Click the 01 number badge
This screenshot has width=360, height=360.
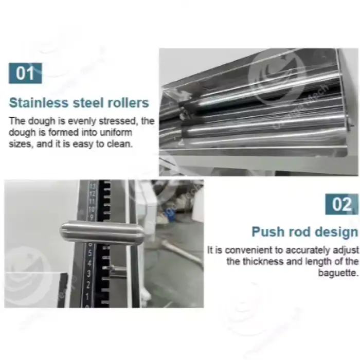(x=25, y=73)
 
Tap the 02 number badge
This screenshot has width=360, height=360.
(x=341, y=204)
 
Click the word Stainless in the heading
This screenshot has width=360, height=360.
(x=39, y=103)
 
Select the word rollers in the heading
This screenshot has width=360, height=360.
(x=129, y=103)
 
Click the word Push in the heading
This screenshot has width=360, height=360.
(x=268, y=231)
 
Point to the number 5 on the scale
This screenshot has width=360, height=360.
(x=90, y=254)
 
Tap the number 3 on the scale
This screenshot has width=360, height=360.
(x=88, y=274)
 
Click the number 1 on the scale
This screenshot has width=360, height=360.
(x=87, y=297)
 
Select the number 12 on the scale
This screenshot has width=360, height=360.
(x=92, y=194)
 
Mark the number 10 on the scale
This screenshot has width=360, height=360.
(x=92, y=209)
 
